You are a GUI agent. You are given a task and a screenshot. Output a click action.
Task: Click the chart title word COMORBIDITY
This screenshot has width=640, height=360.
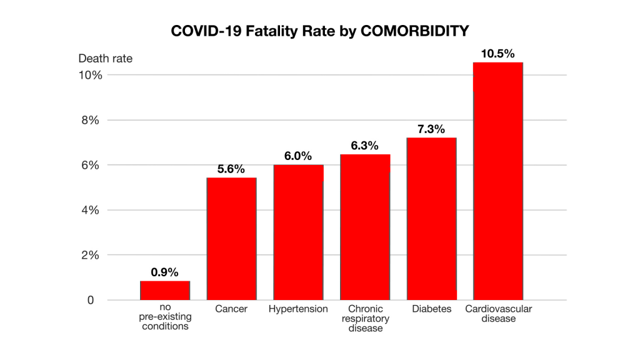coord(414,30)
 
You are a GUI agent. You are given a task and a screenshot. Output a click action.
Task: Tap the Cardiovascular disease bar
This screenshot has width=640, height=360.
coord(497,181)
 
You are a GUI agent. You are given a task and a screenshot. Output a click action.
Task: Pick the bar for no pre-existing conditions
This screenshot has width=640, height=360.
coord(165,290)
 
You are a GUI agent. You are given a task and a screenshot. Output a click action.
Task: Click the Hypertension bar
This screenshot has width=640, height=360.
coord(298,232)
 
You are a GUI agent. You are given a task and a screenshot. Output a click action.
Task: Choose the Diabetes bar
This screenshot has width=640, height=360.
coord(431,219)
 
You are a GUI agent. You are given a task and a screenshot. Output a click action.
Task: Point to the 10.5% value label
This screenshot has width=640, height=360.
coord(497,54)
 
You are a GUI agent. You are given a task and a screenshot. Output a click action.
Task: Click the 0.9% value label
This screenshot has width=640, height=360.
coord(165,272)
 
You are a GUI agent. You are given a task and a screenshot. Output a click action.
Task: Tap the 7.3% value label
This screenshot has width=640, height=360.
coord(431,129)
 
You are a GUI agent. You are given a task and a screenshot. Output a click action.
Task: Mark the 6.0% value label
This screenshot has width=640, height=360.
coord(298,156)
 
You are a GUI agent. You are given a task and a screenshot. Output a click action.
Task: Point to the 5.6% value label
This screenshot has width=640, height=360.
coord(231,169)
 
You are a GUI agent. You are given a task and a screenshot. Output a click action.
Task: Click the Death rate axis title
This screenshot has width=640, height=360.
coord(105,59)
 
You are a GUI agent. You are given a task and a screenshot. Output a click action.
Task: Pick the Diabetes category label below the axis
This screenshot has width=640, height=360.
coord(431,309)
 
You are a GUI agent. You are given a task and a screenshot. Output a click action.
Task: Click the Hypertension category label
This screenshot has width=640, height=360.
coord(298,309)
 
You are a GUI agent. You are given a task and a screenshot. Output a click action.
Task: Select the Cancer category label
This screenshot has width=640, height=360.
coord(231,309)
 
